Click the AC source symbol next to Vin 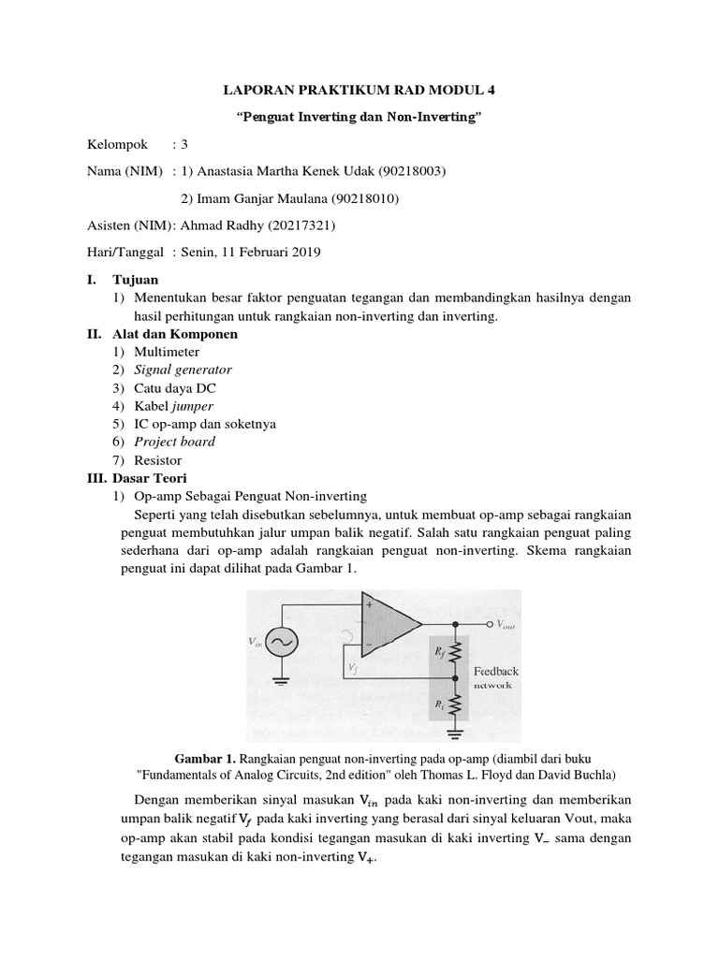point(280,642)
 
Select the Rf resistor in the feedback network point(455,649)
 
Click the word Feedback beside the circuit point(494,671)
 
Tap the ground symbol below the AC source point(280,683)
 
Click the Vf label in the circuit point(350,668)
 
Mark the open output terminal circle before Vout point(488,623)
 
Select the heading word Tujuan point(136,280)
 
